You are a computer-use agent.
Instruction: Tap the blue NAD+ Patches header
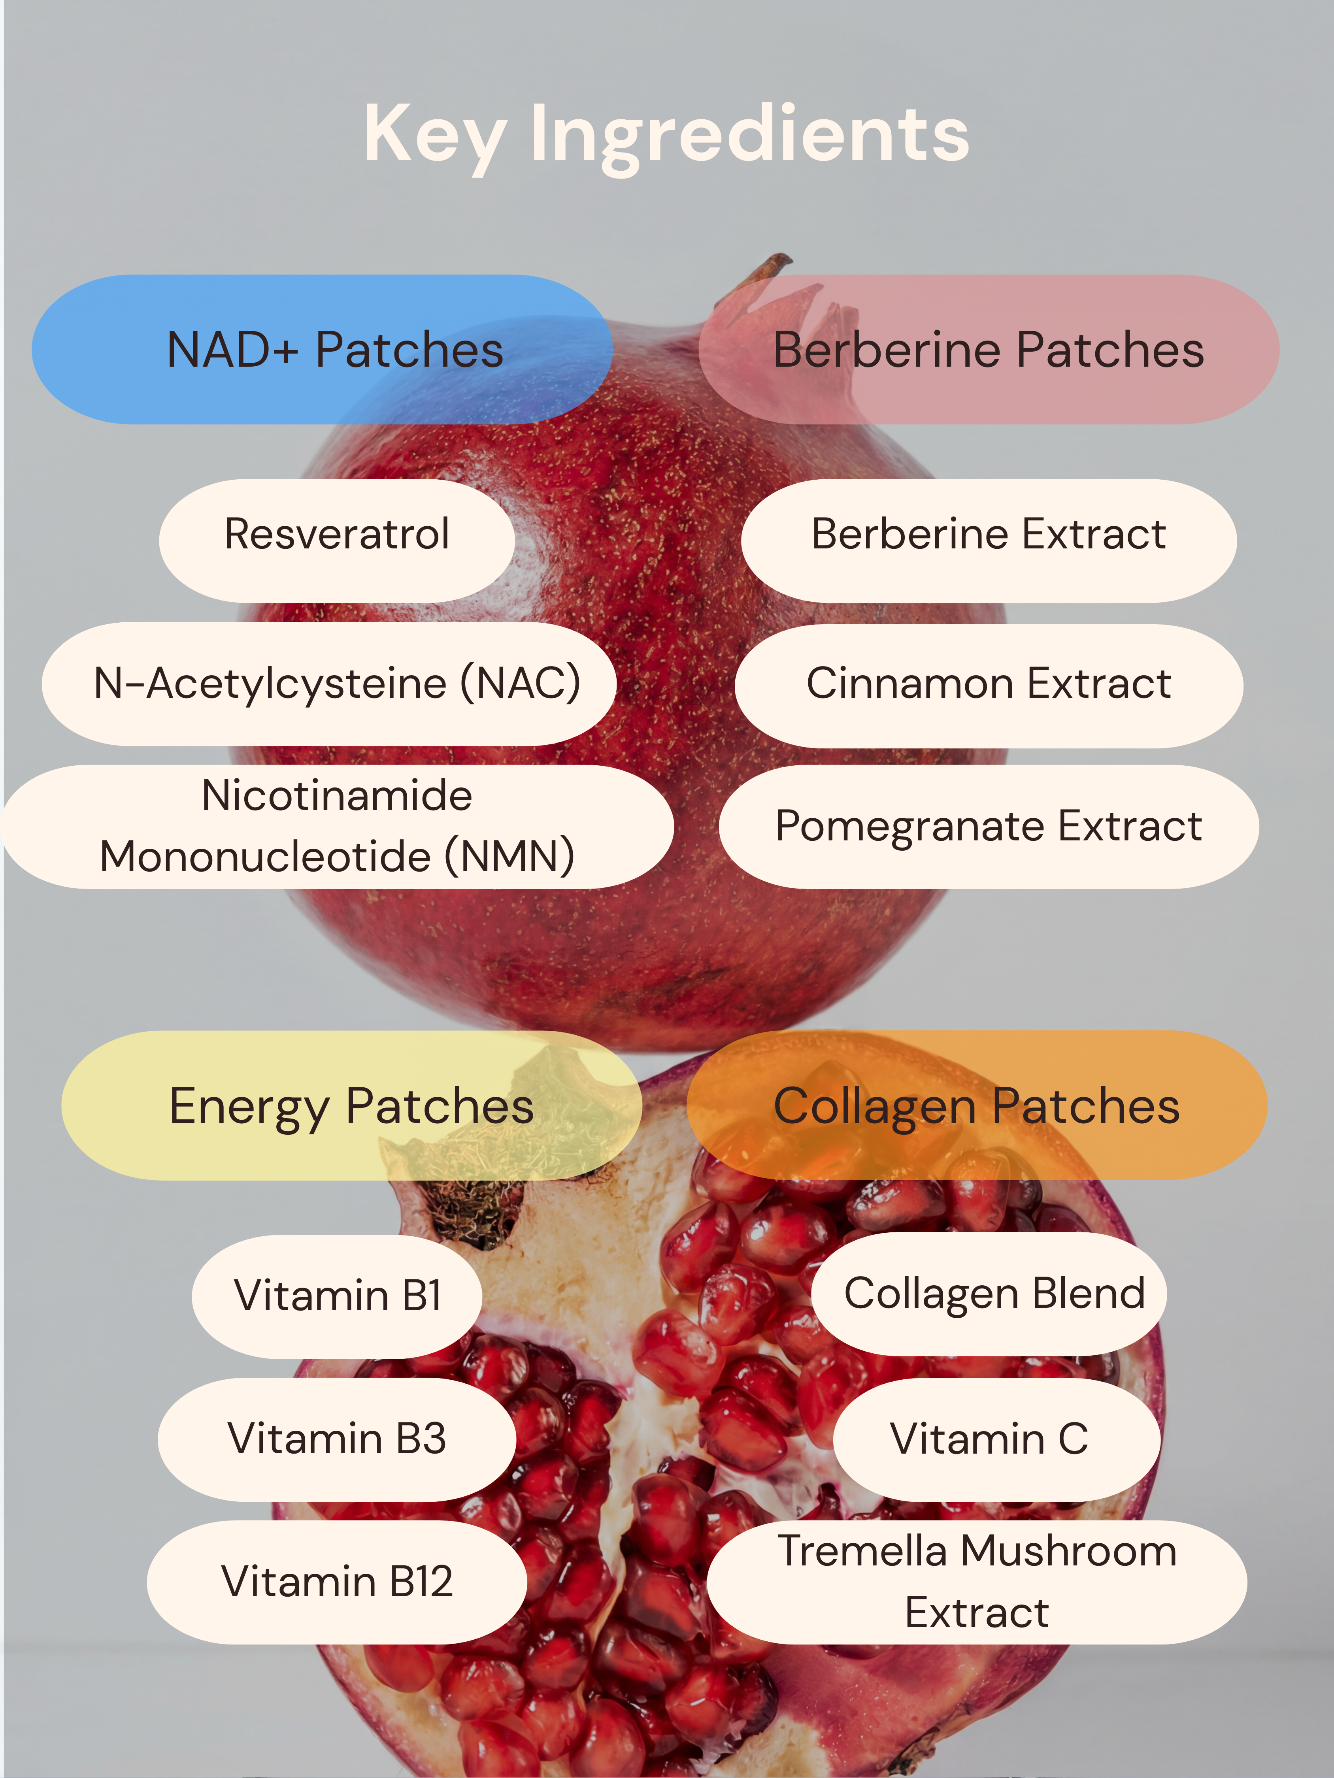click(322, 350)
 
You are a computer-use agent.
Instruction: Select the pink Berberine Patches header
click(989, 350)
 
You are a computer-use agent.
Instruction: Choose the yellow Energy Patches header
click(351, 1105)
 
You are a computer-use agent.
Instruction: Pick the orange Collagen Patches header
click(977, 1105)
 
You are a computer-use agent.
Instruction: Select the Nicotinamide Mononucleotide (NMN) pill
click(337, 826)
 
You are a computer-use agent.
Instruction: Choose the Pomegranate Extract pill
click(989, 826)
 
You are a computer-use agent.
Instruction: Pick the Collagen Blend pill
click(989, 1294)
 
